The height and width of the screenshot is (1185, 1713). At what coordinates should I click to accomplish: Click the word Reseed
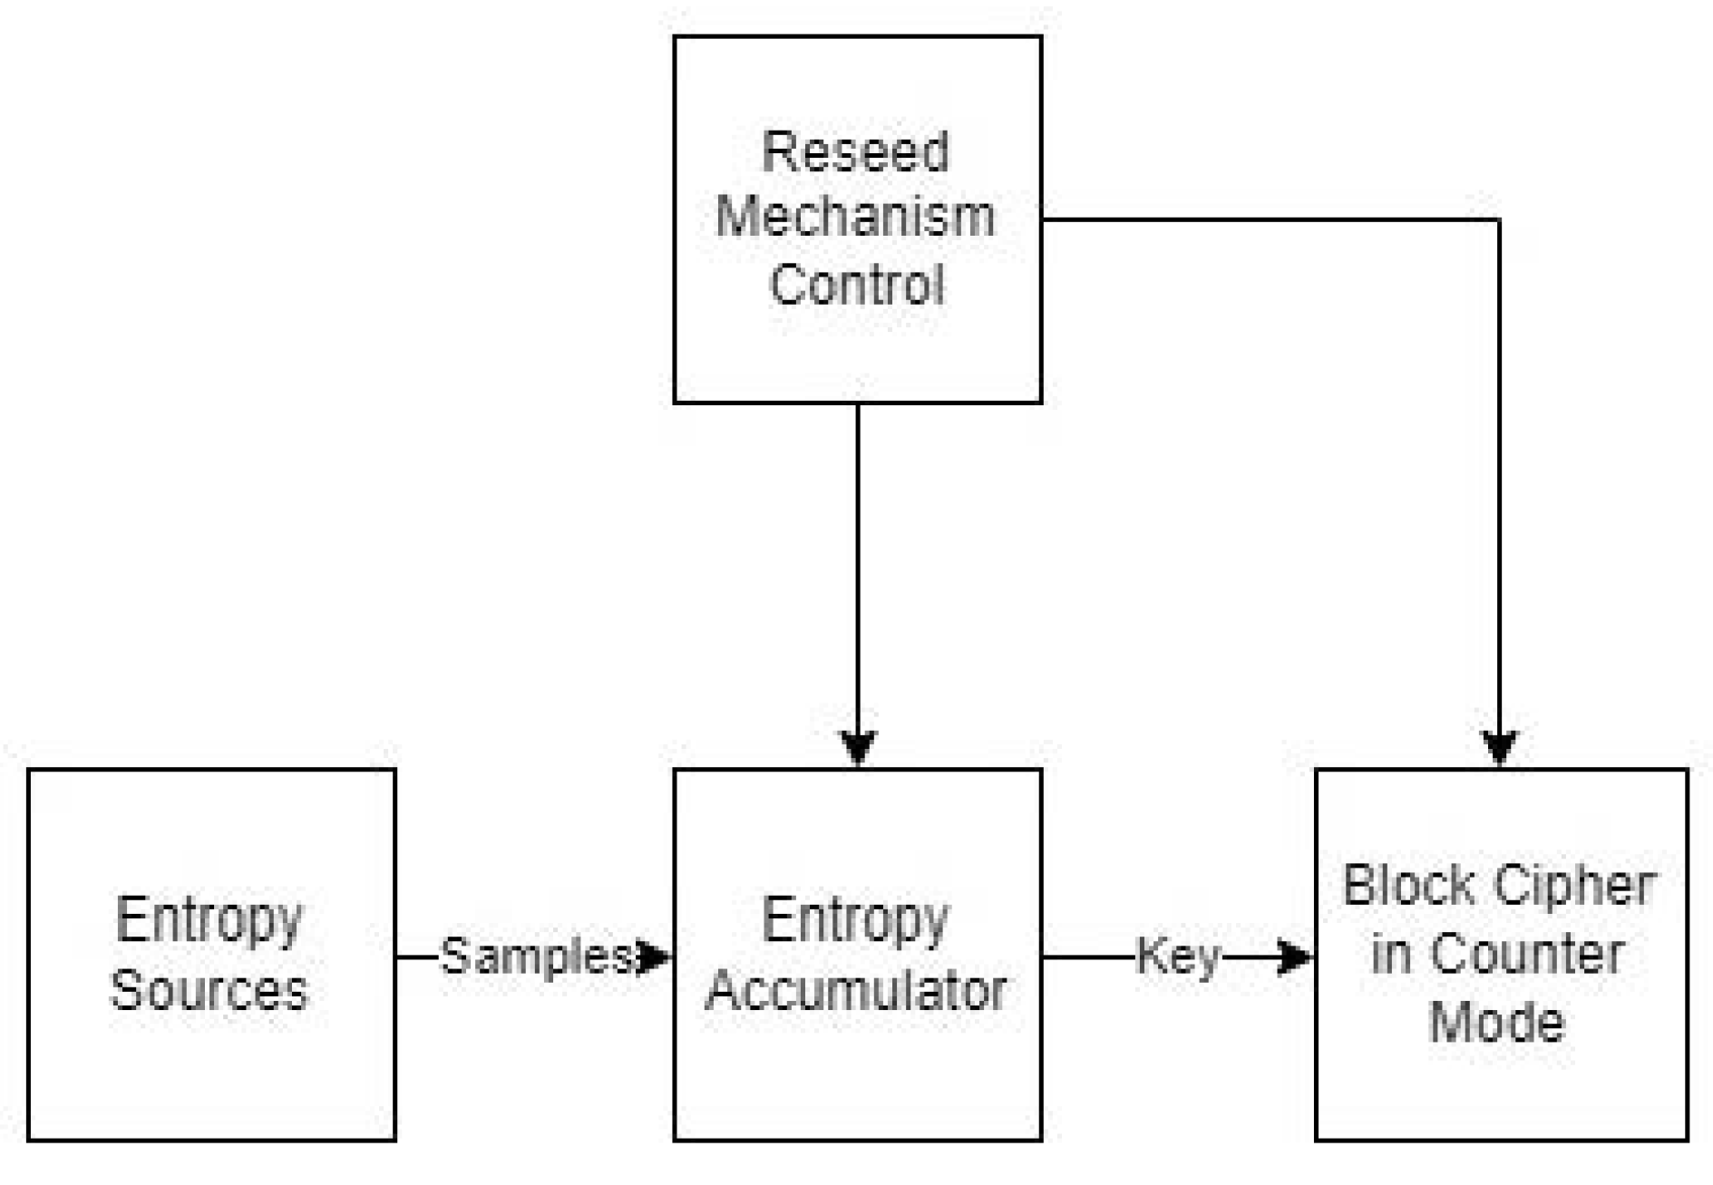[856, 151]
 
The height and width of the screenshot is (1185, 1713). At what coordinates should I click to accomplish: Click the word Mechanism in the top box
[856, 218]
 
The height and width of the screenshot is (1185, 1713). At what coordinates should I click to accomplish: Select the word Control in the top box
[856, 284]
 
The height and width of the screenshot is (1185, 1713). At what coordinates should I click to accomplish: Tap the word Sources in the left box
[209, 989]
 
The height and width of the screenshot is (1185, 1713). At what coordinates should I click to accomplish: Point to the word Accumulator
[856, 989]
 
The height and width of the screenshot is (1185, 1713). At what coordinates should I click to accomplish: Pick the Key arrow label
[1178, 957]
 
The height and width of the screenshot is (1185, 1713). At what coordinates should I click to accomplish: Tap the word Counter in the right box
[1528, 955]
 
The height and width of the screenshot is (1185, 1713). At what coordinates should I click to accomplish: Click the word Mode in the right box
[1497, 1023]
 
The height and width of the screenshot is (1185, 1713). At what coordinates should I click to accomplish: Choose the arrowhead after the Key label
[1295, 957]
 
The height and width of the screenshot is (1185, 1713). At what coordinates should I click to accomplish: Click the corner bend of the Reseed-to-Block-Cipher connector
[1499, 219]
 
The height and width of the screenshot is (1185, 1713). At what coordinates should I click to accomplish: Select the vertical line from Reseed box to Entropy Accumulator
[858, 562]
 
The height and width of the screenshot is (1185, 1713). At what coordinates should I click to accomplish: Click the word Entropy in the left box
[209, 920]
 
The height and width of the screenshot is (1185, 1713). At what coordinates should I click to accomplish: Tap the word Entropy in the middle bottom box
[856, 920]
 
